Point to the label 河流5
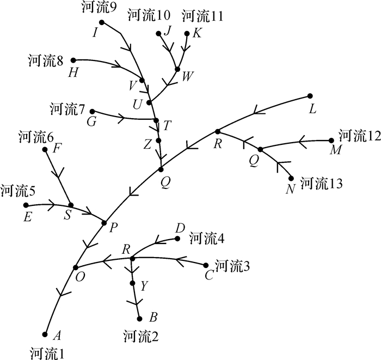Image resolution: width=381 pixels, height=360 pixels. (18, 191)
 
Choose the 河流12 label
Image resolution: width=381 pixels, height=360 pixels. (359, 134)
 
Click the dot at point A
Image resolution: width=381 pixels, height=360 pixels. (45, 334)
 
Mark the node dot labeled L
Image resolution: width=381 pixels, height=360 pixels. (310, 96)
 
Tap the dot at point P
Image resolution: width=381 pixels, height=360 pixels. (105, 222)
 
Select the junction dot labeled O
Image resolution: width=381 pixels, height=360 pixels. (76, 267)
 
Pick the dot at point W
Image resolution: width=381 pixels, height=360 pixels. (177, 69)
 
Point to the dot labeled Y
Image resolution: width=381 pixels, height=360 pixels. (133, 283)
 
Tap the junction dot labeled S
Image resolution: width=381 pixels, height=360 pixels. (71, 205)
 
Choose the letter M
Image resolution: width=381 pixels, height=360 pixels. (335, 149)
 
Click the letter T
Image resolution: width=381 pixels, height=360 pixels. (167, 125)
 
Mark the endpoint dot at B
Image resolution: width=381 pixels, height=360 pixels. (139, 319)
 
